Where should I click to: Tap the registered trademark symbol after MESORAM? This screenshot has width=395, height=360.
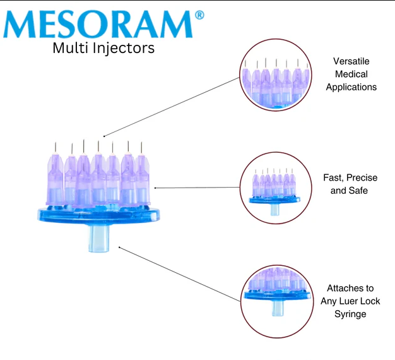(x=199, y=14)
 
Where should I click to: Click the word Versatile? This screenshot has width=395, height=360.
(x=351, y=61)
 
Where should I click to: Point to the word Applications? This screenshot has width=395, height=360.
(x=351, y=87)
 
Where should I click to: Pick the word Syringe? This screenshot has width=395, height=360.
(x=351, y=314)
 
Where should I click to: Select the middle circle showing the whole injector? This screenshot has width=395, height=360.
(x=274, y=187)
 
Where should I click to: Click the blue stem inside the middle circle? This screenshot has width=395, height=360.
(x=274, y=209)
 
